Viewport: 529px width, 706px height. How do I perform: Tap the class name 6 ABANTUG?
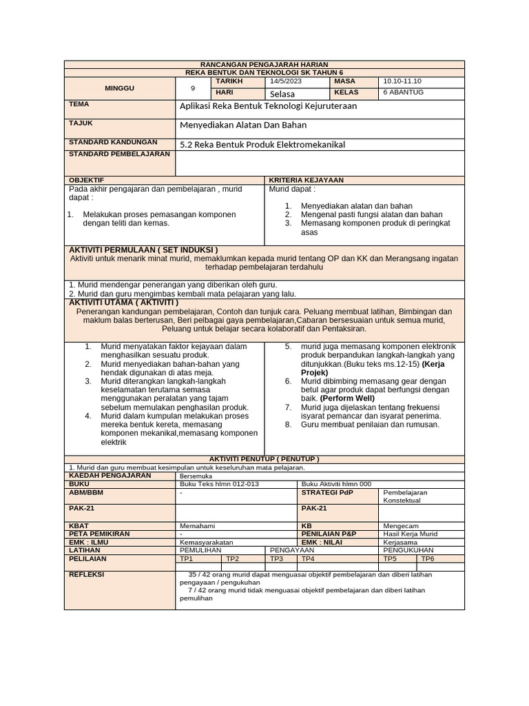(x=403, y=92)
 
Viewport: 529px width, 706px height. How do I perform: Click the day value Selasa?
(x=282, y=93)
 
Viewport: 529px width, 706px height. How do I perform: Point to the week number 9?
(x=193, y=88)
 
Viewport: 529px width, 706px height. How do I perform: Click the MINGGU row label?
(x=120, y=88)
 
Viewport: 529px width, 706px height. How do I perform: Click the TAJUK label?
(x=81, y=123)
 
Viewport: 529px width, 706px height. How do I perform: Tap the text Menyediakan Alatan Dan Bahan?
(x=243, y=125)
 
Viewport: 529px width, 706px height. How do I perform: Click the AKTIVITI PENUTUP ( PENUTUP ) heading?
(x=264, y=458)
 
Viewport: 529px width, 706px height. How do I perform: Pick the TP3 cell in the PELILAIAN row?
(x=277, y=559)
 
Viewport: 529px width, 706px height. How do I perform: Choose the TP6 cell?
(x=428, y=559)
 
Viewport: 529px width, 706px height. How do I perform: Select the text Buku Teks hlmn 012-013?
(x=209, y=484)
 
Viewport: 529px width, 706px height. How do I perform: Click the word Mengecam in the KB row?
(x=400, y=525)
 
